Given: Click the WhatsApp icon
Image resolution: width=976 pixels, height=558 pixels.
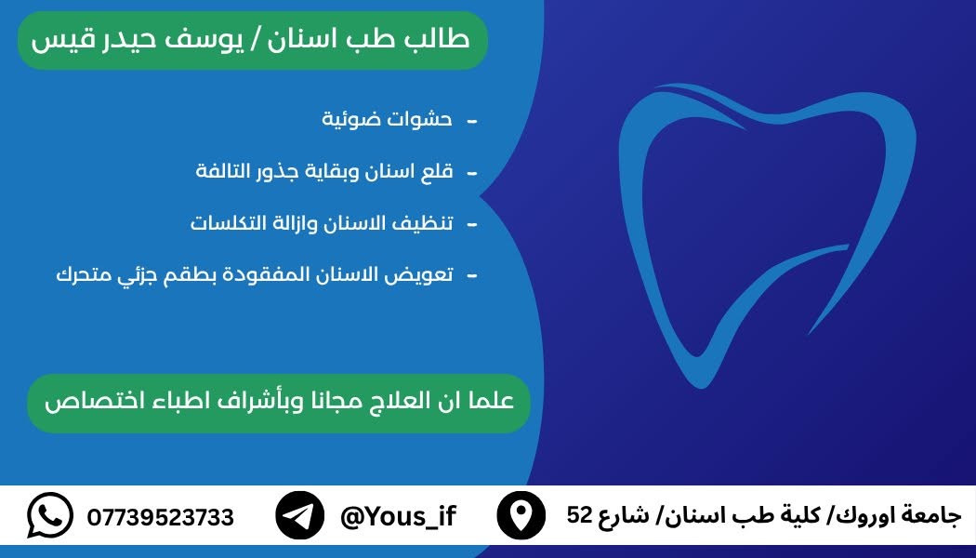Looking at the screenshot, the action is pos(50,515).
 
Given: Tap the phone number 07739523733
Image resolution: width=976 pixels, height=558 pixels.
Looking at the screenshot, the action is pos(161,517).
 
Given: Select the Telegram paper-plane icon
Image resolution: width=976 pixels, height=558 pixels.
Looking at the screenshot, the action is pos(300,515).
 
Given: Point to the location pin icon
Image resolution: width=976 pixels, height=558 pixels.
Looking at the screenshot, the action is pos(521,515).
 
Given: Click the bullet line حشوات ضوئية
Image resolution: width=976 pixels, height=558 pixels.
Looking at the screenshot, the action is pos(388,118).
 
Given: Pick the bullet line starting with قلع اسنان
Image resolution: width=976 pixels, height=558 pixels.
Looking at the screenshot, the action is pos(324,170).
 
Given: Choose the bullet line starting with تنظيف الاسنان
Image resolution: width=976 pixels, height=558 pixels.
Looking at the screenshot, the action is pos(322,222).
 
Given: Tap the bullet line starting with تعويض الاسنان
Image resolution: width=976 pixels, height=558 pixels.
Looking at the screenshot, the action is pos(255,274).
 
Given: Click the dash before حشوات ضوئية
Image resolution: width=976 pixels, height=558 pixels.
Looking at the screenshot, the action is pos(472,121).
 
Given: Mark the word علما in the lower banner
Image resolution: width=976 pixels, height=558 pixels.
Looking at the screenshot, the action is pos(492,401).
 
